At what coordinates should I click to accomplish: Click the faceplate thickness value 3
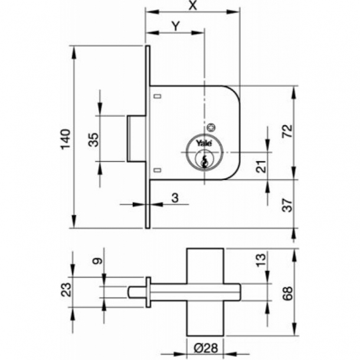pyautogui.click(x=175, y=198)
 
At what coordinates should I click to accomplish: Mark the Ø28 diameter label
pyautogui.click(x=205, y=349)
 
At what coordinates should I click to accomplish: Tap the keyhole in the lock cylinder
pyautogui.click(x=204, y=159)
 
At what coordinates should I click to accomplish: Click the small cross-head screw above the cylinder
pyautogui.click(x=211, y=127)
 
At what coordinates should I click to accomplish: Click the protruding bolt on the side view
pyautogui.click(x=136, y=138)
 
